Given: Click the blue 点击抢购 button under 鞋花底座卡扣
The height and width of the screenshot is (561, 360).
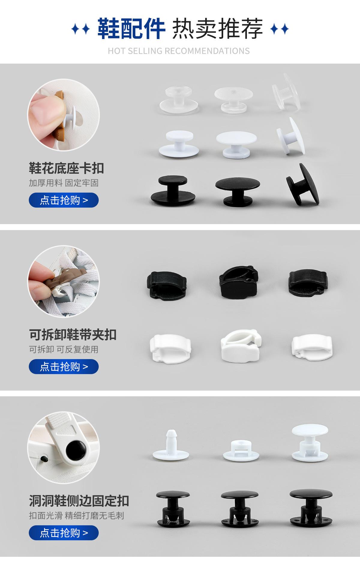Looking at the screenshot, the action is click(64, 200).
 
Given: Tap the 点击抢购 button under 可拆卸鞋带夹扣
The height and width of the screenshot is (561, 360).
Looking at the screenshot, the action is click(64, 366).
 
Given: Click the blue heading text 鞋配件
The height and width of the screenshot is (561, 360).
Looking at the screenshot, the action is click(131, 29).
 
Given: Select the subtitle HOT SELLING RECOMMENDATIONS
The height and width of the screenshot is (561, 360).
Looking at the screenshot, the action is click(179, 51).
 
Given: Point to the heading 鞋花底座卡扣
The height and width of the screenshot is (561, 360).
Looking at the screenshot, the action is click(66, 168).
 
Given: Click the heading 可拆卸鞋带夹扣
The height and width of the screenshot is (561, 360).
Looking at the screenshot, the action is click(73, 334).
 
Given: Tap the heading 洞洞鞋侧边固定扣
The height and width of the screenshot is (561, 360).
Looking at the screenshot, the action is click(79, 501).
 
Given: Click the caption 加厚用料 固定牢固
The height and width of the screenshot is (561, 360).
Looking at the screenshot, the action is click(64, 183).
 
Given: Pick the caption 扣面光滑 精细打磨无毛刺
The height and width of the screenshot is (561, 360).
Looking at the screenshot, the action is click(76, 515).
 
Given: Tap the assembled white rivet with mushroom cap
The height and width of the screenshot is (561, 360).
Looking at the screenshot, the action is click(311, 443).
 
